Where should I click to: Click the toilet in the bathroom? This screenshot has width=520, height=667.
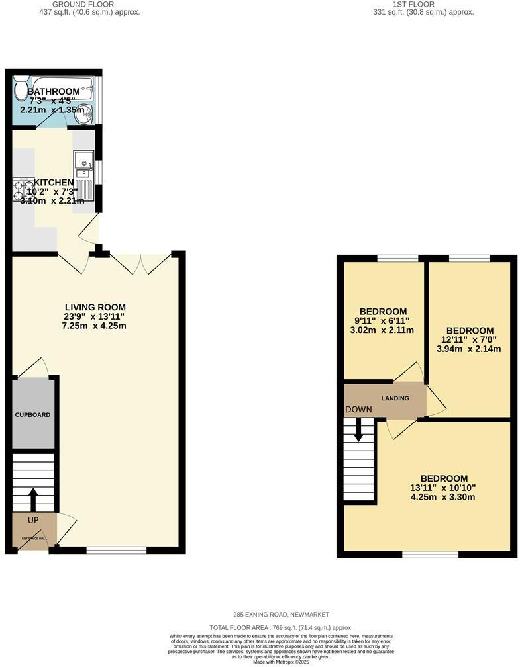tap(21, 89)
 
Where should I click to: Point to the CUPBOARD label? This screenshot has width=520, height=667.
tap(33, 415)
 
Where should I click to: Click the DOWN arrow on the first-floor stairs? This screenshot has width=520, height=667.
tap(358, 430)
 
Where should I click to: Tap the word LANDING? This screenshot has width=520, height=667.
tap(395, 398)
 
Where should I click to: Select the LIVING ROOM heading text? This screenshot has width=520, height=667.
tap(95, 307)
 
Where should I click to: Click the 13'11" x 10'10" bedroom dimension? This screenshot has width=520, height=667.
tap(443, 488)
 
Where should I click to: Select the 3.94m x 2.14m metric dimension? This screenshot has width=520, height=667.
tap(470, 349)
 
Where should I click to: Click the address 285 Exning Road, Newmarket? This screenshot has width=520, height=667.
tap(282, 615)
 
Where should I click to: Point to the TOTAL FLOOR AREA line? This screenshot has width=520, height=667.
tap(281, 627)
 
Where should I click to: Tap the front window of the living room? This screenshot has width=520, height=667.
tap(117, 549)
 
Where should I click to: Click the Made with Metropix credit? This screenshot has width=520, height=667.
tap(282, 662)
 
